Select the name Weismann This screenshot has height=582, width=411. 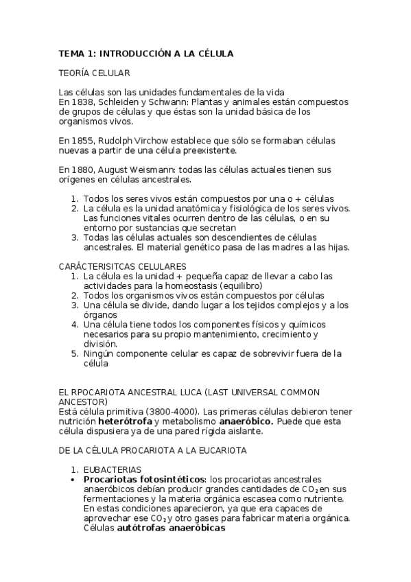pos(173,170)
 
